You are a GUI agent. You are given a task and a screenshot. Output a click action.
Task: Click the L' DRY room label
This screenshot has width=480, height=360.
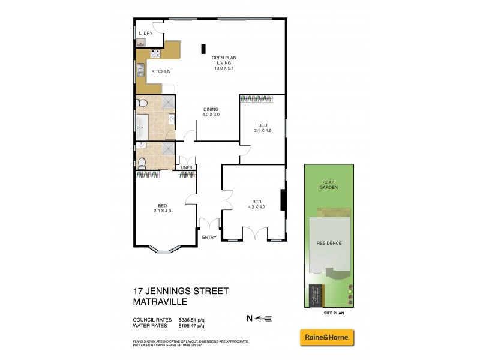click(x=145, y=33)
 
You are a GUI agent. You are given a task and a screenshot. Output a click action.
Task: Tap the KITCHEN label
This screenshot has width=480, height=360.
click(x=161, y=71)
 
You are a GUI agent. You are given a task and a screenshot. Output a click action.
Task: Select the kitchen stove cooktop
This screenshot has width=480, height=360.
click(x=154, y=53)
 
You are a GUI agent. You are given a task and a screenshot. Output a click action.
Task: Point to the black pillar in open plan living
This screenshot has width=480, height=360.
click(x=203, y=49)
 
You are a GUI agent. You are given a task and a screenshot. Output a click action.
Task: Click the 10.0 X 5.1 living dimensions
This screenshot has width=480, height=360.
click(x=224, y=68)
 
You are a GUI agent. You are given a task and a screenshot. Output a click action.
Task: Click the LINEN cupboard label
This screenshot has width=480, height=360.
click(x=186, y=167)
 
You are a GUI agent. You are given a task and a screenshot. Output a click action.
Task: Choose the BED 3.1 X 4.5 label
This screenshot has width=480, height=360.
click(x=263, y=127)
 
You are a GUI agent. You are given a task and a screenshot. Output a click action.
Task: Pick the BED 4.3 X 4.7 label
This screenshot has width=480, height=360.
click(x=256, y=204)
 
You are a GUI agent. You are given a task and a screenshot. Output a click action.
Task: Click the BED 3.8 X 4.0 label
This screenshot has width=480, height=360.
click(x=163, y=207)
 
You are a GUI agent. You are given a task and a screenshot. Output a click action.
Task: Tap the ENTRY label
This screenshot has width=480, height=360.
click(x=209, y=238)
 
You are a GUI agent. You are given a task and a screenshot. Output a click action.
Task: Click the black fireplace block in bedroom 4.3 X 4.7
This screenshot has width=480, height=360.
click(x=283, y=198)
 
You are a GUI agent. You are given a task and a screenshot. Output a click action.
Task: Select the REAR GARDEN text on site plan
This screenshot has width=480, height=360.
click(x=329, y=185)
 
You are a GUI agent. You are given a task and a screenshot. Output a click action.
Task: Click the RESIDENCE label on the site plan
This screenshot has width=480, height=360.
click(x=329, y=243)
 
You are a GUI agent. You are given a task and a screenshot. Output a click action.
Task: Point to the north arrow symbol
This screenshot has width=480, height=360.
click(x=263, y=318)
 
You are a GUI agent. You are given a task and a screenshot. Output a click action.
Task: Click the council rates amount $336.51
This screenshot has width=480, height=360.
click(x=191, y=319)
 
